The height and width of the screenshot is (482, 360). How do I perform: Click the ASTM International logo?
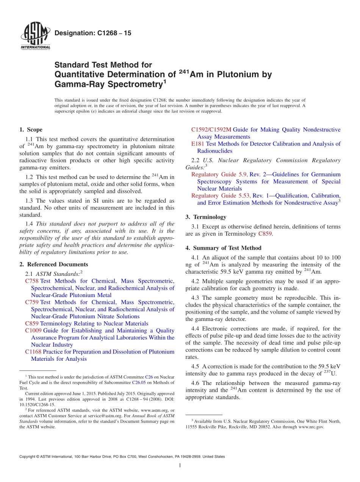coord(35,36)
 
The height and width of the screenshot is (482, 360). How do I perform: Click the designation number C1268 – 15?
coord(93,33)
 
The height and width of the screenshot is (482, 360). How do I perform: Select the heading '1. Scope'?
coord(31,130)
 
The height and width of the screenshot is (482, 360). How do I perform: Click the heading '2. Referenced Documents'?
coord(54,264)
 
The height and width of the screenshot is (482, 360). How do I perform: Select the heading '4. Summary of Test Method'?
coord(223,248)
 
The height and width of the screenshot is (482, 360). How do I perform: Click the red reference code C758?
coord(32,281)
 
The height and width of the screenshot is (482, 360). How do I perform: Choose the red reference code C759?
coord(32,302)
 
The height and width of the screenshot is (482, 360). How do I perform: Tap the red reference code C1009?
coord(33,331)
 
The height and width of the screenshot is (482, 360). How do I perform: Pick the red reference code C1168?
coord(33,352)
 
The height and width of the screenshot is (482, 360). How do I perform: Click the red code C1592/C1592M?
coord(211,130)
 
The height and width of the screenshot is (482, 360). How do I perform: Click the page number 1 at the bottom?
coord(180,466)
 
